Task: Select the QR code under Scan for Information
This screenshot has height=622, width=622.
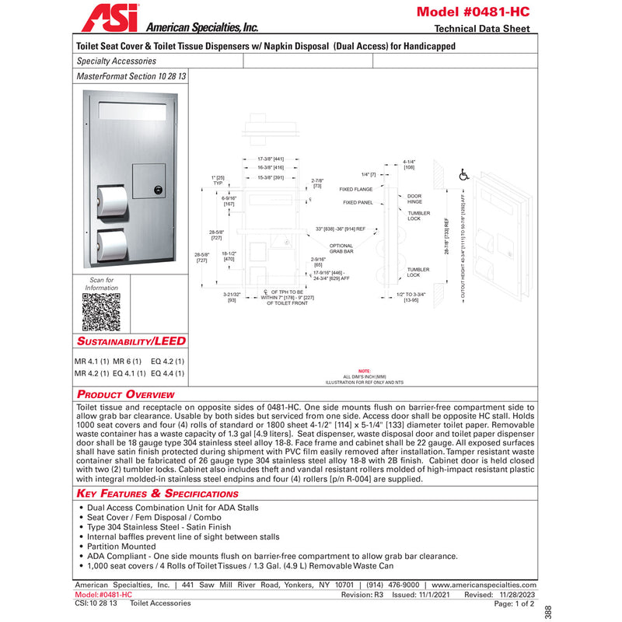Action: click(x=101, y=313)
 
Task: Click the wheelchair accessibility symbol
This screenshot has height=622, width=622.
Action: click(x=464, y=176)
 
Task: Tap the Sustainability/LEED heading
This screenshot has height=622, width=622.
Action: click(x=131, y=341)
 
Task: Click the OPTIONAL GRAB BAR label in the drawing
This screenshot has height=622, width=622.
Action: click(x=341, y=248)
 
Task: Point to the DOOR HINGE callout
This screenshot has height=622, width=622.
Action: click(x=414, y=199)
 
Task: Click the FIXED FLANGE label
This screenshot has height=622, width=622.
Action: click(x=356, y=189)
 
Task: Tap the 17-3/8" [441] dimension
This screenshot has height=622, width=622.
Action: click(x=271, y=159)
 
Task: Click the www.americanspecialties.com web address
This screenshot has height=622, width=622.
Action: click(x=483, y=585)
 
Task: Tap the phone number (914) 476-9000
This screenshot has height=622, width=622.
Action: click(x=393, y=585)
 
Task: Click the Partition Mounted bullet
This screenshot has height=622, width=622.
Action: click(x=123, y=547)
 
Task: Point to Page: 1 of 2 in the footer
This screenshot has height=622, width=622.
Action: click(x=514, y=603)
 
